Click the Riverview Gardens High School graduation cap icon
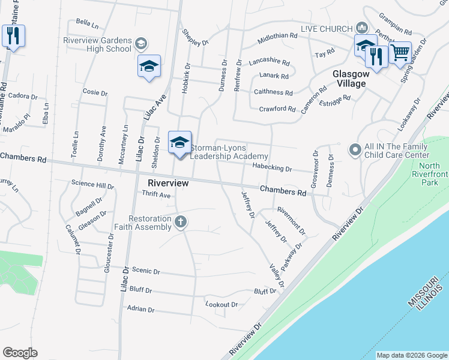click(x=149, y=66)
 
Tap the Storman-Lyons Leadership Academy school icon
click(x=179, y=143)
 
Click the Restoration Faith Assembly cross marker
click(x=179, y=223)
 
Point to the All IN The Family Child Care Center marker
click(x=355, y=149)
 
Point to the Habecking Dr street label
click(x=272, y=169)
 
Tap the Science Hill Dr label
click(x=92, y=185)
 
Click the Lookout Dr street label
click(x=221, y=304)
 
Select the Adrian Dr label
click(x=141, y=310)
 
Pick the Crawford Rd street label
click(x=277, y=109)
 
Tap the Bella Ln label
click(x=87, y=23)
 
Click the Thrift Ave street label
click(x=156, y=195)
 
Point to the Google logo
click(x=20, y=353)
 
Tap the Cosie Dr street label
click(x=95, y=93)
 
